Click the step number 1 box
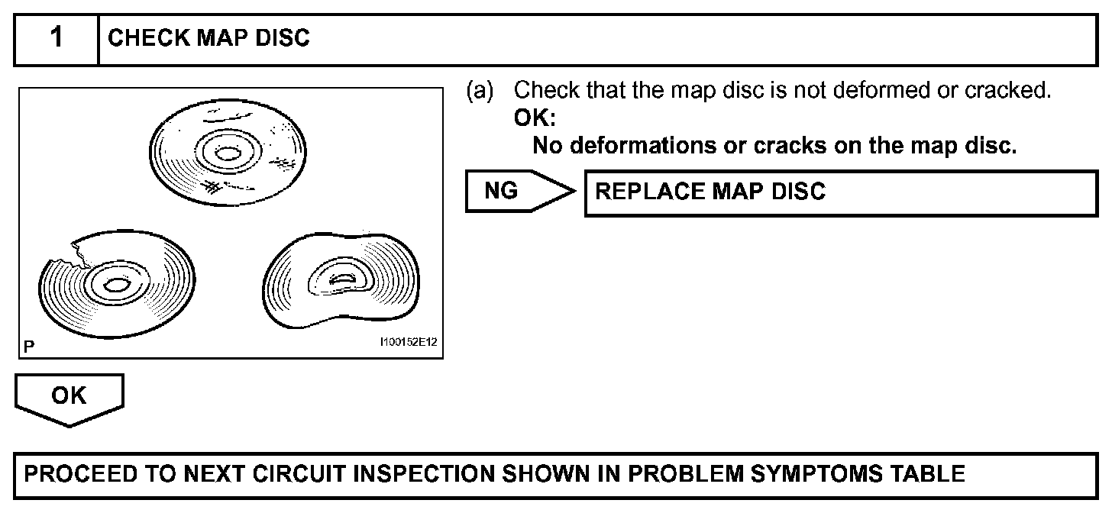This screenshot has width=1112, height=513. click(57, 39)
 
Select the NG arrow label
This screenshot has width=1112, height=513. click(503, 191)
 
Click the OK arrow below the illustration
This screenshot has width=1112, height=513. click(69, 397)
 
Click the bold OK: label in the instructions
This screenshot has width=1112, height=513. click(535, 118)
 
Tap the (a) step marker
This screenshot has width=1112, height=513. click(480, 91)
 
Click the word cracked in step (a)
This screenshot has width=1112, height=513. click(1008, 91)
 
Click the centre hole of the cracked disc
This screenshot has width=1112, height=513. click(115, 286)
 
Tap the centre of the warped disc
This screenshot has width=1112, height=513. click(339, 282)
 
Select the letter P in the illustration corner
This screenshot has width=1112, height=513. click(29, 346)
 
